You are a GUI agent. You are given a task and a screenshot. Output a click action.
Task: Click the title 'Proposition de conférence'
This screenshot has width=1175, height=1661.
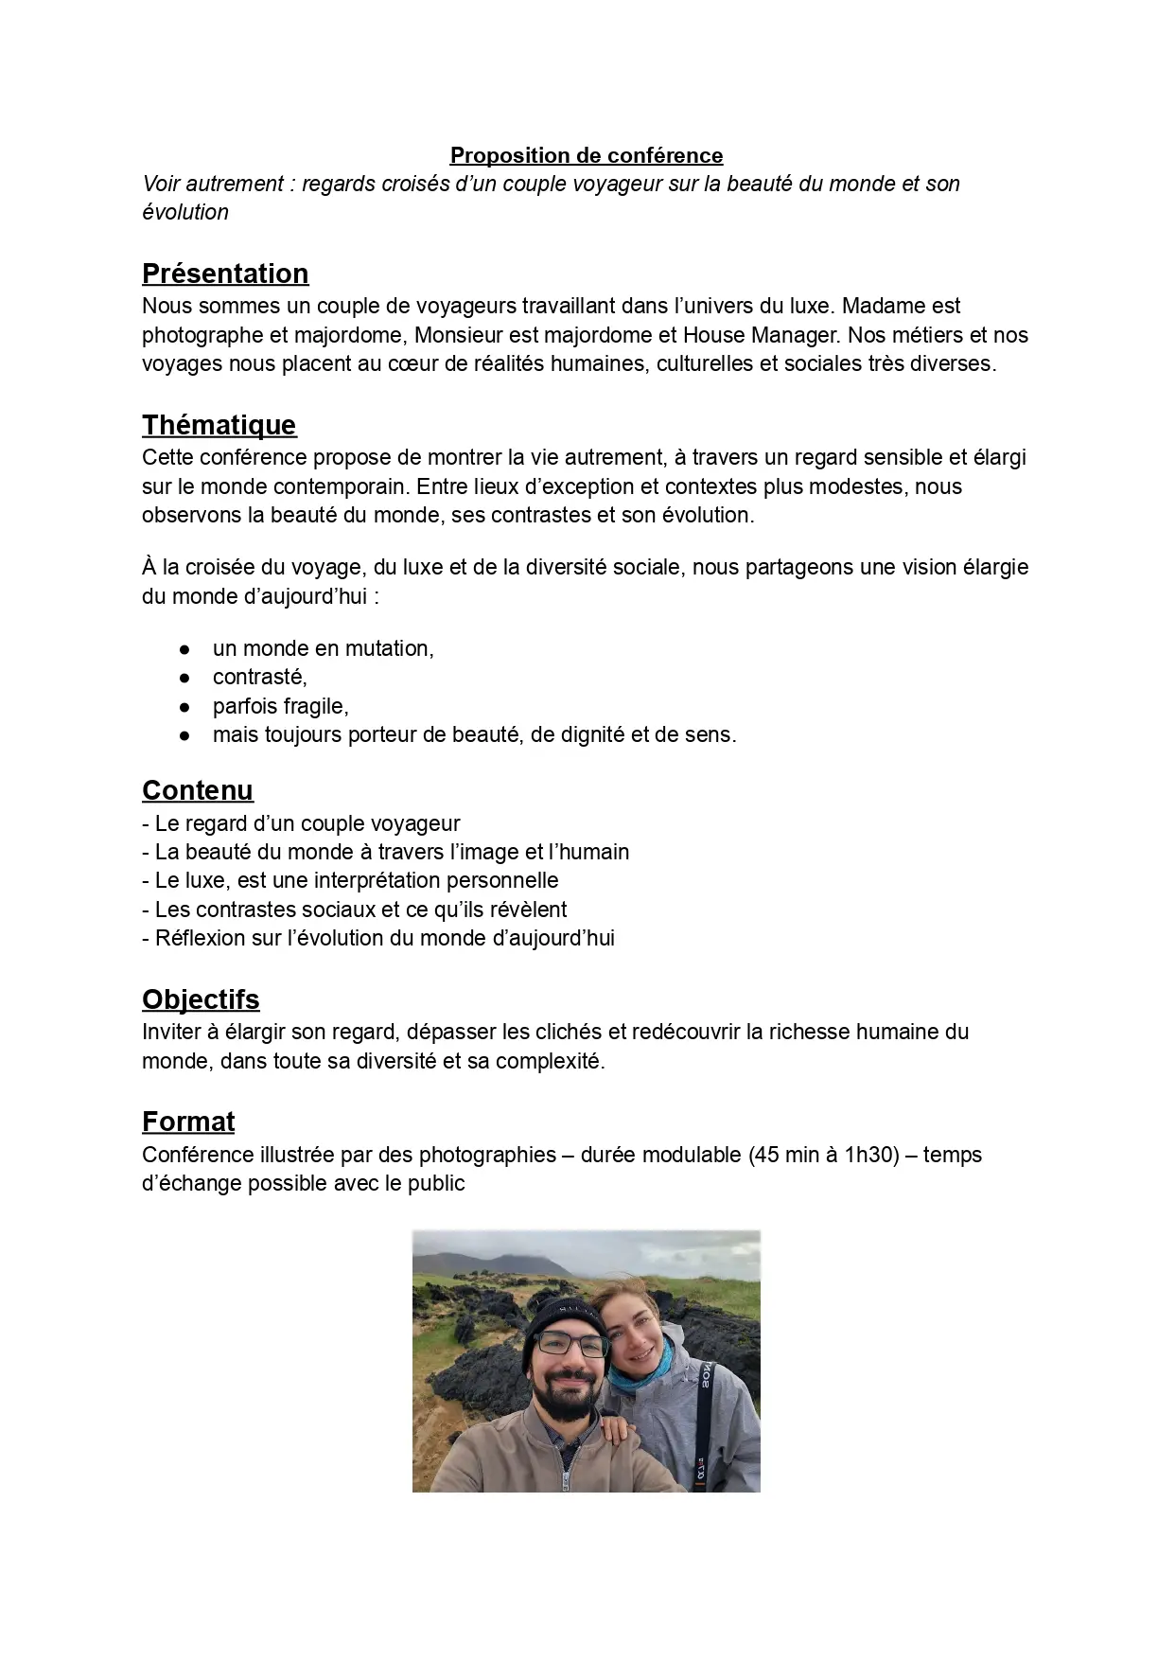coord(586,155)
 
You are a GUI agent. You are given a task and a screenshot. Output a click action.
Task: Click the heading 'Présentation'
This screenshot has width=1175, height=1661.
coord(225,274)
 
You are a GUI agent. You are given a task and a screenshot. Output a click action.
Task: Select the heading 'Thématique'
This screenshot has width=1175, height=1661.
coord(219,425)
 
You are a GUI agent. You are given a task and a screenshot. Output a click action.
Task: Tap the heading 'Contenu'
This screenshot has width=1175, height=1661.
coord(198,790)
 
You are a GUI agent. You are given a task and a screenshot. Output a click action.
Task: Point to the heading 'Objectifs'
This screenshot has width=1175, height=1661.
coord(201,999)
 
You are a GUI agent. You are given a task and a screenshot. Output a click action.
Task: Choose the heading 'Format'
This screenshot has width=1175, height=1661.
coord(188,1122)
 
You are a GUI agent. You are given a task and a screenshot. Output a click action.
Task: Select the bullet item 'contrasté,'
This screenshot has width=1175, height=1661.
coord(260,677)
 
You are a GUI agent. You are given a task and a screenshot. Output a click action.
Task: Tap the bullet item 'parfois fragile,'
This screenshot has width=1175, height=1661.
coord(281,706)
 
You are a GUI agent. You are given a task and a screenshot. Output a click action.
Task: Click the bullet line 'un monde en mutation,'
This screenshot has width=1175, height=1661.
coord(324,648)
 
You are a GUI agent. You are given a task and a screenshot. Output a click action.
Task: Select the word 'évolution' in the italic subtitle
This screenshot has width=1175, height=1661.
coord(185,212)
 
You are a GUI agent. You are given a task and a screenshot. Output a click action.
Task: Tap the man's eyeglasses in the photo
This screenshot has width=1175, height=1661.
coord(570,1343)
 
